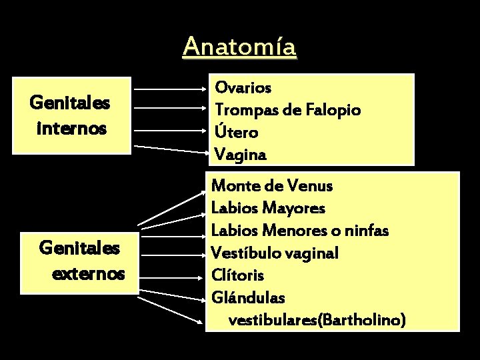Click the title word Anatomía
click(240, 47)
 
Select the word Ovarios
click(243, 87)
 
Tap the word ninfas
click(365, 231)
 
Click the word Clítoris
click(237, 275)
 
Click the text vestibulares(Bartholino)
click(316, 320)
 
